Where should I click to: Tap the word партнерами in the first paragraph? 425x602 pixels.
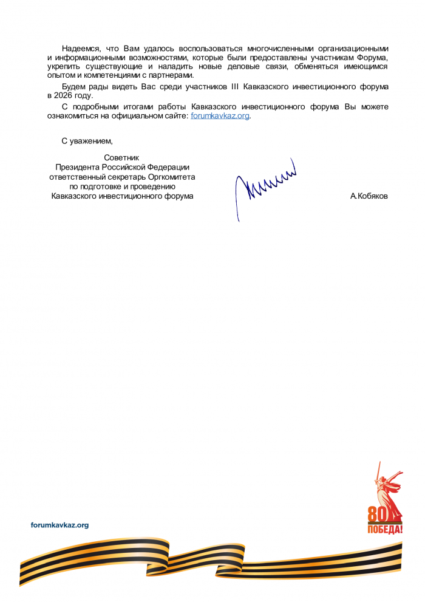(174, 75)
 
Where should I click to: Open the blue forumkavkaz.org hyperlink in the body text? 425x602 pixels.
(220, 116)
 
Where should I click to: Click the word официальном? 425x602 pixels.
(141, 116)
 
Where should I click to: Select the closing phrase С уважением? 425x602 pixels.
(87, 141)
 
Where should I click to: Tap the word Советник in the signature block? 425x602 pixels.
(122, 157)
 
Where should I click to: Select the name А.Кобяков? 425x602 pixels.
(369, 196)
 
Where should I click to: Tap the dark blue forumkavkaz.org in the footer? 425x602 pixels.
(59, 525)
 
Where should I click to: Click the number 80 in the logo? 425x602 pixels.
(377, 515)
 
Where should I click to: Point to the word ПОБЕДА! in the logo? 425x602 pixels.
(384, 530)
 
